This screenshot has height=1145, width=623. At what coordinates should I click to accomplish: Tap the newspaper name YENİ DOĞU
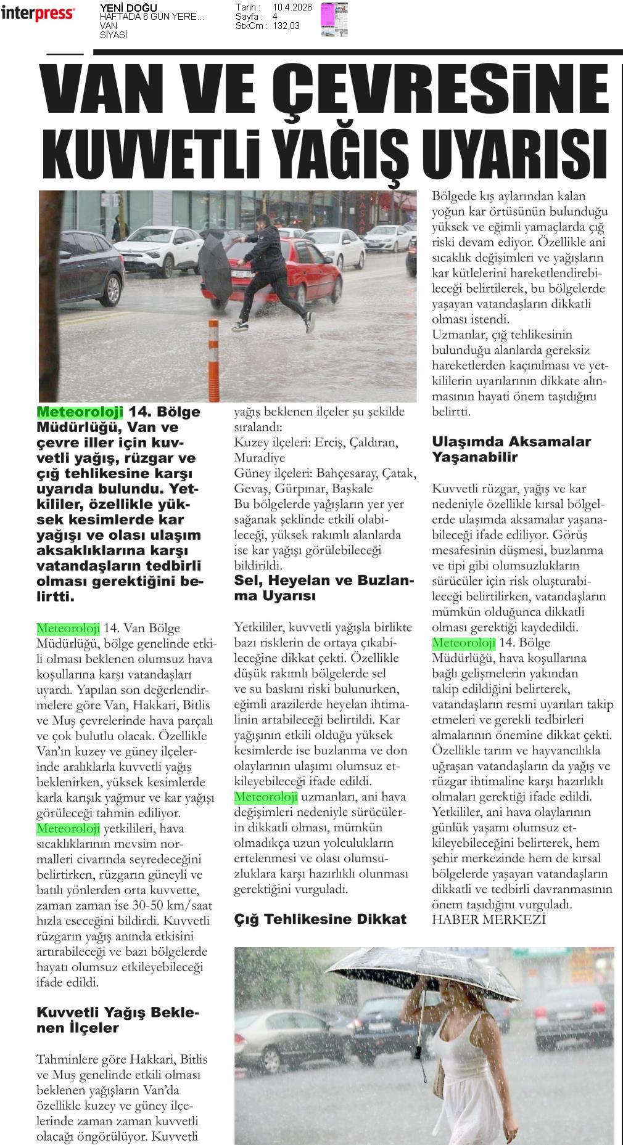128,8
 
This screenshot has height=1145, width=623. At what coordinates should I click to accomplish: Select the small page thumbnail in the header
334,18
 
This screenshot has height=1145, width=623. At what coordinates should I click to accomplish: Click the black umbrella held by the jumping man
215,264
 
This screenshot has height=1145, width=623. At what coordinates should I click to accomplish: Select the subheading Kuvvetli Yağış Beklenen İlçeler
118,1020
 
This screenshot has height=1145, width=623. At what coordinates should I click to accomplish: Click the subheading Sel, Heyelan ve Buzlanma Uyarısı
324,588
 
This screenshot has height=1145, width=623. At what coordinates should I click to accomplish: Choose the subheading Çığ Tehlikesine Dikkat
320,919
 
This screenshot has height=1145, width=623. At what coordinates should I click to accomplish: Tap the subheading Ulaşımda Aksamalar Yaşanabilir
511,449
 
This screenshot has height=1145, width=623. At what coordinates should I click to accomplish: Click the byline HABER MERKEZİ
489,919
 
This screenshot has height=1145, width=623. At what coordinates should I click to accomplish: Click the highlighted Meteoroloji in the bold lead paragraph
80,412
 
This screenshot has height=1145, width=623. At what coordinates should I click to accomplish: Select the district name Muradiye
259,458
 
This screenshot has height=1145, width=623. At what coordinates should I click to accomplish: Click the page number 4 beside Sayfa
274,17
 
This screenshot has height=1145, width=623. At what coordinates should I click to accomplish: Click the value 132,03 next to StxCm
286,26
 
